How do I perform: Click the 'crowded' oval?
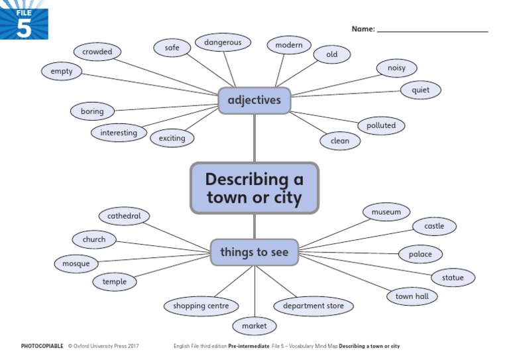point(97,51)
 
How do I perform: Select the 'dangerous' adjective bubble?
point(223,42)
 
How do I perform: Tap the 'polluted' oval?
point(381,125)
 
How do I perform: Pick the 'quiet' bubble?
point(420,90)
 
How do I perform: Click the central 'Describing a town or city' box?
point(254,188)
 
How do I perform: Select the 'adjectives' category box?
point(254,101)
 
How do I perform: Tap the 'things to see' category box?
point(254,252)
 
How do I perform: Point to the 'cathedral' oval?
point(124,216)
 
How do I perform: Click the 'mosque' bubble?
point(76,264)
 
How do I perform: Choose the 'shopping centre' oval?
point(201,306)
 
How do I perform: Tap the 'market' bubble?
point(254,326)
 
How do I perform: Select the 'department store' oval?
point(313,306)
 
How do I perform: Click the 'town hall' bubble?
point(412,296)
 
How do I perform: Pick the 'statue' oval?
point(453,278)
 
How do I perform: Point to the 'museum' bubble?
point(386,212)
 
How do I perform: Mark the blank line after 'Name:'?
point(432,30)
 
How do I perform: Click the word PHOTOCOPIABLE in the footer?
point(42,346)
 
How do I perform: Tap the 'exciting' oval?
point(172,138)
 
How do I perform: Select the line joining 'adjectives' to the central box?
point(254,138)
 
